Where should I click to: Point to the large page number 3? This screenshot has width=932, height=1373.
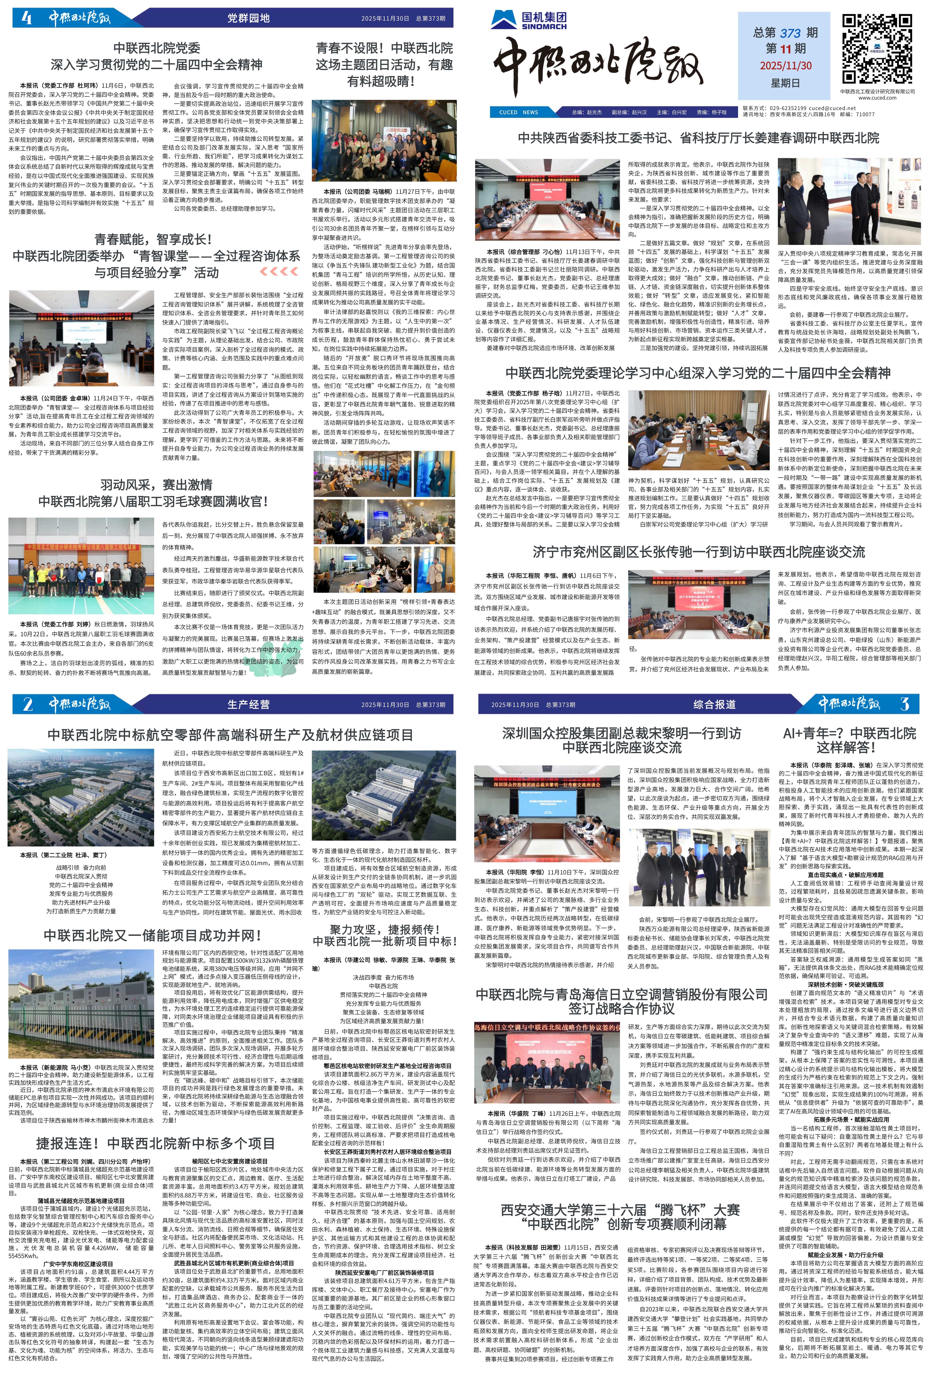[x=904, y=704]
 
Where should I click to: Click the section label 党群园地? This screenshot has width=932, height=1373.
[x=248, y=18]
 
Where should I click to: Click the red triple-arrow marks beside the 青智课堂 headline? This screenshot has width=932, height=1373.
[x=279, y=271]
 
